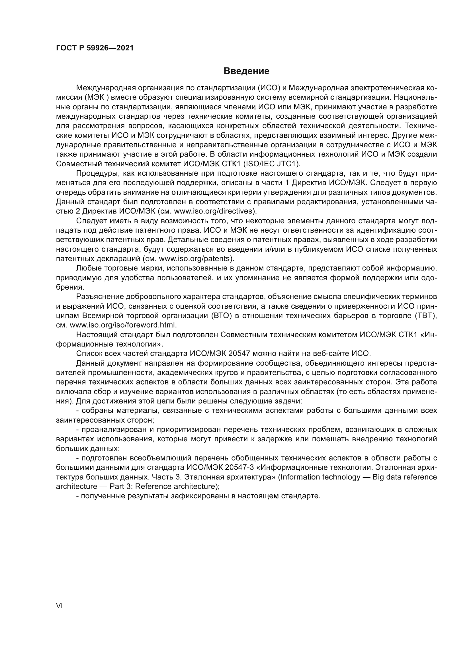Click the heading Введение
click(246, 71)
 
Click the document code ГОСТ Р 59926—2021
click(95, 48)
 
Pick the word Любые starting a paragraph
click(87, 268)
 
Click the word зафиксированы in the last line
click(200, 496)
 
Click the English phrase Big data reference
click(405, 477)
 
